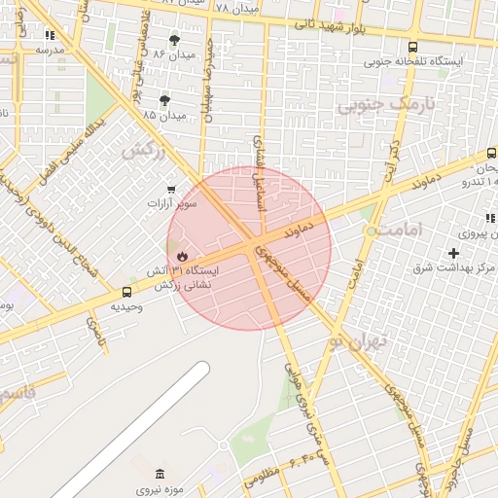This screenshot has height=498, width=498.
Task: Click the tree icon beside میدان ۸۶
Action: [x=174, y=40]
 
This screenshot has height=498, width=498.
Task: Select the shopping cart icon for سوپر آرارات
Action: [x=172, y=189]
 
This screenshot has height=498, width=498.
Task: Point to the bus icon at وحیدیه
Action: [x=126, y=292]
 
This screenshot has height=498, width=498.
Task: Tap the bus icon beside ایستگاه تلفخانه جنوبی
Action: [x=413, y=47]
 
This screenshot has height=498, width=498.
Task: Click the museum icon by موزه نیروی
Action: [x=160, y=473]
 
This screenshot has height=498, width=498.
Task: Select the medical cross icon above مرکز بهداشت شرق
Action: [x=454, y=253]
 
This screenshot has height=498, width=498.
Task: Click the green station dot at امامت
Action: [x=371, y=231]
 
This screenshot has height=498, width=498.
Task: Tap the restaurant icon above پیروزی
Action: [x=490, y=219]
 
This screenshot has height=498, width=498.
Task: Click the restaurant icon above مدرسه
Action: [x=50, y=34]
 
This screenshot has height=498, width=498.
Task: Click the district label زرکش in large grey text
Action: [x=143, y=150]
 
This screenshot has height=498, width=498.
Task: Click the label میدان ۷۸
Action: [x=236, y=8]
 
